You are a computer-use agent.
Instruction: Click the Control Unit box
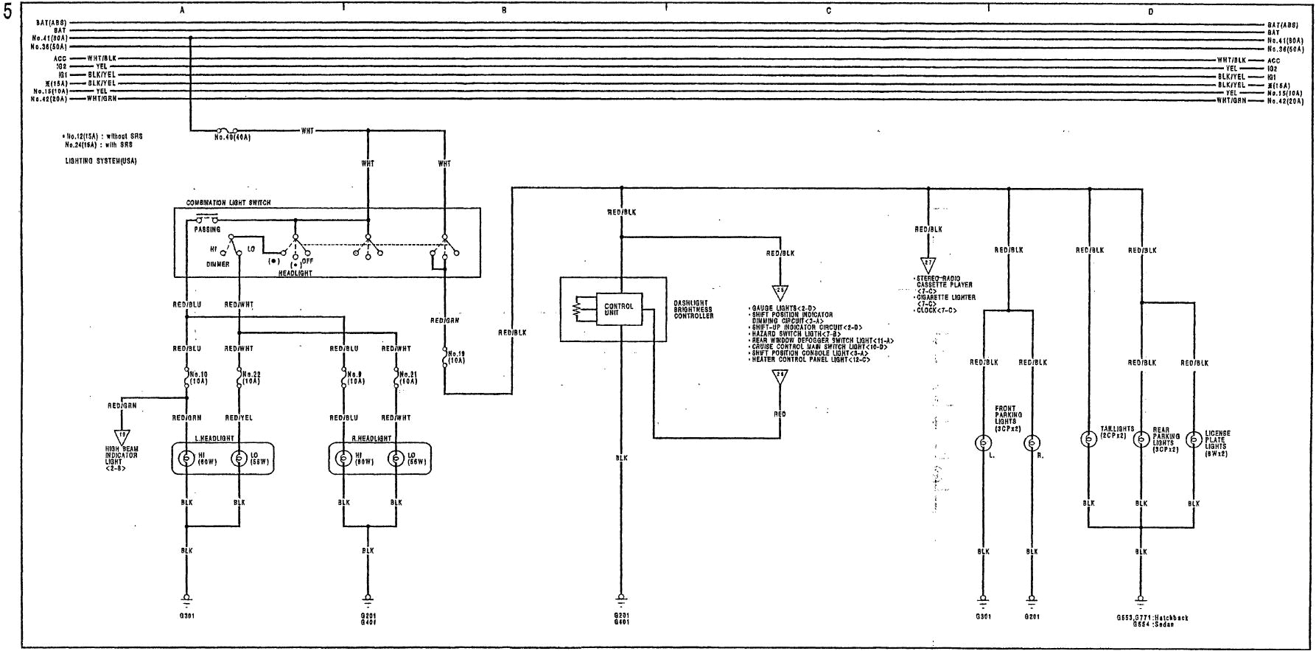click(x=618, y=309)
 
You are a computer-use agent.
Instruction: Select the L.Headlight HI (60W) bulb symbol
click(x=187, y=459)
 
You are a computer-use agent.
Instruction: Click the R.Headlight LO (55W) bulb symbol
click(x=396, y=459)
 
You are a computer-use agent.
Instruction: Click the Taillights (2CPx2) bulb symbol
click(x=1088, y=439)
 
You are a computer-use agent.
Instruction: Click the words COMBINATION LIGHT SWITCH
click(x=228, y=202)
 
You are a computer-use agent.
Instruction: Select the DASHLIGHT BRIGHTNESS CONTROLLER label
click(x=693, y=310)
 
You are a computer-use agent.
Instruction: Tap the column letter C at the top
click(x=828, y=11)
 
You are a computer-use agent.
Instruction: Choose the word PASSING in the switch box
click(x=207, y=229)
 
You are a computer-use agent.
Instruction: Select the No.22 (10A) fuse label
click(x=251, y=377)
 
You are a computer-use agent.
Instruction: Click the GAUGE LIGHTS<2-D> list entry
click(x=774, y=307)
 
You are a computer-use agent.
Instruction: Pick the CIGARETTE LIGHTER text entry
click(x=946, y=297)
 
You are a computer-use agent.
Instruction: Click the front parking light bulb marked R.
click(x=1032, y=443)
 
